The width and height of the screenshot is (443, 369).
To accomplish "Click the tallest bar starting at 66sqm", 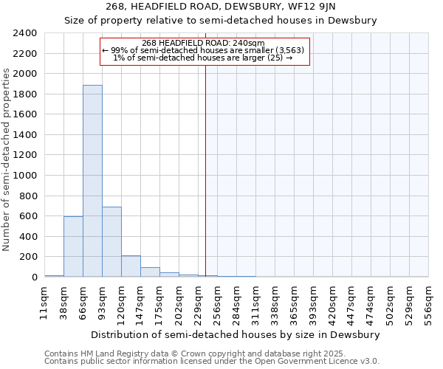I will pos(92,181).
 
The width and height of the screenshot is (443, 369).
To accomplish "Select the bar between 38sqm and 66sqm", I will pos(73,246).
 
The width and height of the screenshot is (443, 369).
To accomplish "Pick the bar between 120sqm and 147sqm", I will pos(131,266).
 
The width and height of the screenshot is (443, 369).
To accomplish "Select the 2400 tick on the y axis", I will pos(26,33).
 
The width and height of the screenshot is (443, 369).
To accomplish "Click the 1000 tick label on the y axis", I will pos(26,176).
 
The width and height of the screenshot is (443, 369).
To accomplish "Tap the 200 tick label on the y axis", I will pos(29,257).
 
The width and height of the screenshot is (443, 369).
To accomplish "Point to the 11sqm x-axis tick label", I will pos(44,303).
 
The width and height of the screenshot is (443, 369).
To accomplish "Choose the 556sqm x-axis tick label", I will pos(428,303).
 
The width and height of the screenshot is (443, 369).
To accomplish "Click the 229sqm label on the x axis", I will pos(198,303).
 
